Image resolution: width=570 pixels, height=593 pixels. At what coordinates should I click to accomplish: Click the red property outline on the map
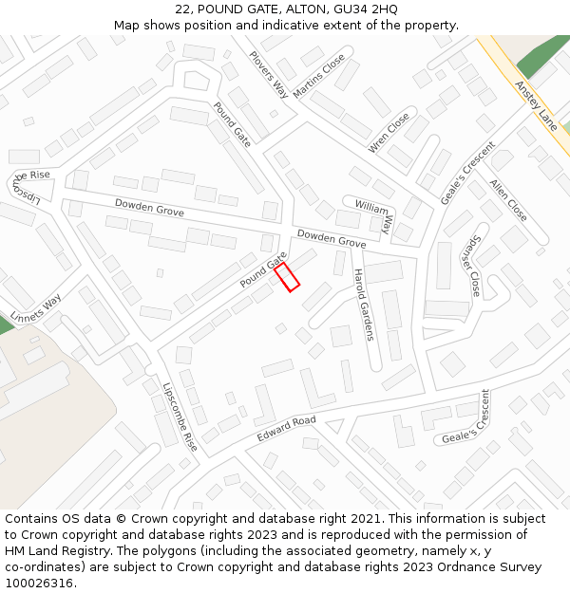[x=287, y=277]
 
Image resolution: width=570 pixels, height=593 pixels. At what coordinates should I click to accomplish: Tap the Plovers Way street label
[x=268, y=74]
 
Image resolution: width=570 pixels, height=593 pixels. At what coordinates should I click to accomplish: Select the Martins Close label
[x=319, y=74]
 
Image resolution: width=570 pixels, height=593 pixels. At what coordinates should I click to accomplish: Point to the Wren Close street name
[x=389, y=132]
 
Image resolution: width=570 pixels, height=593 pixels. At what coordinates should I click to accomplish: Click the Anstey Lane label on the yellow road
[x=535, y=103]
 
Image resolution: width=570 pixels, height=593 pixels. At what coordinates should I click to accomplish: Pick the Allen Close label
[x=508, y=199]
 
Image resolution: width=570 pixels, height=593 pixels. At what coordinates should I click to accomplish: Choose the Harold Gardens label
[x=363, y=304]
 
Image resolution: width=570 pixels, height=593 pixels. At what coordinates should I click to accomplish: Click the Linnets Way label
[x=36, y=306]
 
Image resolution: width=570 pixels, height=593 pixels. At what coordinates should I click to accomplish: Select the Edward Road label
[x=286, y=428]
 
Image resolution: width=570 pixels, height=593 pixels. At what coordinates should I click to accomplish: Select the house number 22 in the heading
[x=183, y=9]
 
